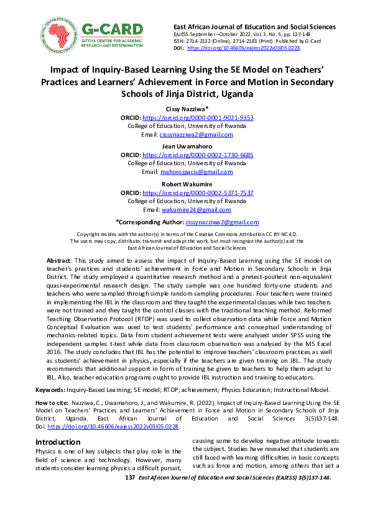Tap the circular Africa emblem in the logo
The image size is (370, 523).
(x=58, y=34)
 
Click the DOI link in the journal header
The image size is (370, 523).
(x=244, y=48)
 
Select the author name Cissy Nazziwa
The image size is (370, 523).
(x=184, y=108)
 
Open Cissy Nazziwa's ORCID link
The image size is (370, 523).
(x=198, y=117)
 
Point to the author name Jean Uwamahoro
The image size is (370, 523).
(x=184, y=146)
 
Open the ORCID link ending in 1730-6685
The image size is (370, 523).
(x=198, y=155)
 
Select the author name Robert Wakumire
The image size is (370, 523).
(x=184, y=184)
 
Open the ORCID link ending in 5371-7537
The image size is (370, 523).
(x=198, y=193)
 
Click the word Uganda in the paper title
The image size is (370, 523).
(x=231, y=93)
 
